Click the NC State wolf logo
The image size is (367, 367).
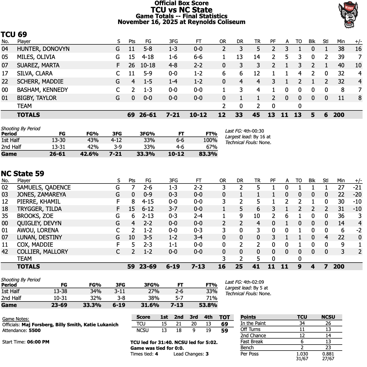tap(348, 15)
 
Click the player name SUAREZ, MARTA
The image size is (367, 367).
tap(38, 65)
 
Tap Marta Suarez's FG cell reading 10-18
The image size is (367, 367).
tap(148, 65)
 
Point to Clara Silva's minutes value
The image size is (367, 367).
tap(341, 73)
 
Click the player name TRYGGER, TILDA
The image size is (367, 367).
tap(39, 209)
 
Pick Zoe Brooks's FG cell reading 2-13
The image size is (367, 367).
tap(148, 216)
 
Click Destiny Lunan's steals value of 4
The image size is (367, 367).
tap(326, 237)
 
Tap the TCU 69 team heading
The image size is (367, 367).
tap(14, 34)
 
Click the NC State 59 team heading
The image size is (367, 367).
tap(22, 174)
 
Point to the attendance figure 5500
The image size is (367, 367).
tap(35, 330)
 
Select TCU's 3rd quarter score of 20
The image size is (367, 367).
tap(194, 324)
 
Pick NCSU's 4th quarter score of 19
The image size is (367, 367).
tap(208, 330)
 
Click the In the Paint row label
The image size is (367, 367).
tap(253, 323)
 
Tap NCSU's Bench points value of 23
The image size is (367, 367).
tap(328, 348)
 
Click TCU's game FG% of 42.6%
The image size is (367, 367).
tap(89, 154)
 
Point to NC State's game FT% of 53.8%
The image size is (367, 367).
tap(208, 305)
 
